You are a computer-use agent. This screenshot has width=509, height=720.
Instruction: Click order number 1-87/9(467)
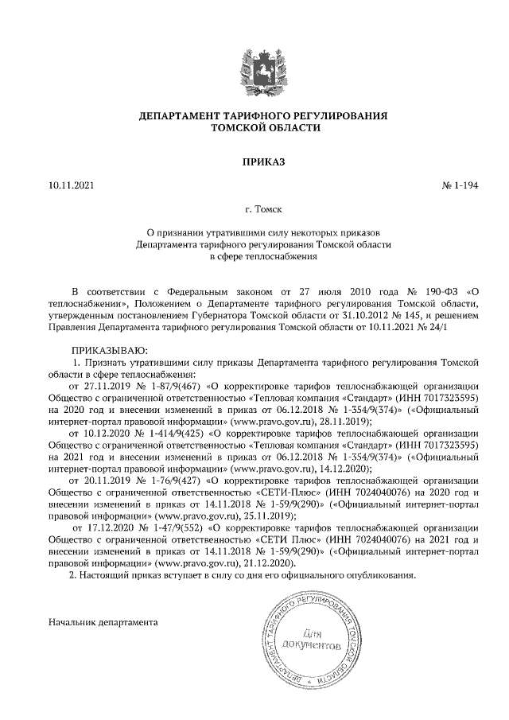174,387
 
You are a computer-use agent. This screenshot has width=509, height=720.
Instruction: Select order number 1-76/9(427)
174,481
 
